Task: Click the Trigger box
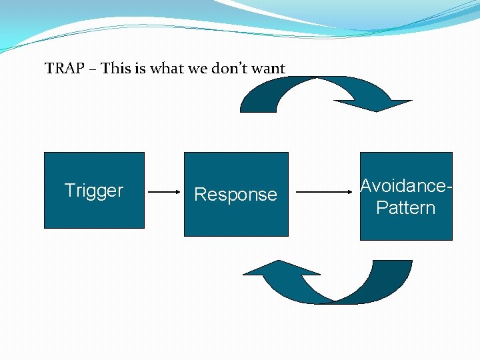click(x=94, y=190)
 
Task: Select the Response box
click(x=236, y=194)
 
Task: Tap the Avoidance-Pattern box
click(x=406, y=196)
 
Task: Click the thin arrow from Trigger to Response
click(x=164, y=192)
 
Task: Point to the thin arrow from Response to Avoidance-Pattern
click(x=324, y=192)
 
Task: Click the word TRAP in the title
click(x=64, y=68)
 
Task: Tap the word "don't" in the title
click(x=229, y=68)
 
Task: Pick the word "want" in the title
click(x=268, y=69)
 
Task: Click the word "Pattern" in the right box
click(x=405, y=207)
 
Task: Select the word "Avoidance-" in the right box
click(x=406, y=185)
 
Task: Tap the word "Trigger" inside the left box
click(x=94, y=191)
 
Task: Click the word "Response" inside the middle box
click(x=236, y=195)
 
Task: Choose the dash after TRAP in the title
click(x=93, y=69)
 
